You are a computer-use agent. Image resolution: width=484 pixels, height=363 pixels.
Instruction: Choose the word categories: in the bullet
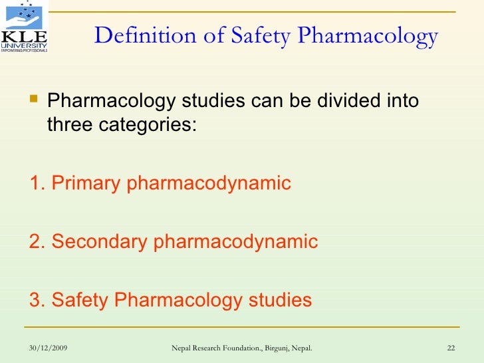pos(150,124)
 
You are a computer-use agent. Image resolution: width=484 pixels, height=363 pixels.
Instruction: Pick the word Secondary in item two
pos(99,241)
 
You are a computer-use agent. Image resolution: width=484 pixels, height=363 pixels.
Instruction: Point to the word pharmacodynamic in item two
pos(235,241)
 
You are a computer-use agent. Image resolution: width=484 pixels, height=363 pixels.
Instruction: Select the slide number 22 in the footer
pos(450,348)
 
